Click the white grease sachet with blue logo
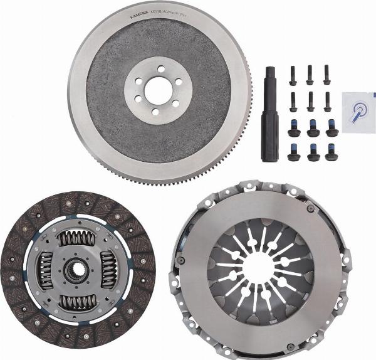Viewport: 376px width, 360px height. point(358,112)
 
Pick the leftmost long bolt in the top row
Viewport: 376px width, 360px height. point(293,75)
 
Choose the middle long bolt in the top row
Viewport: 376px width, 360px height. point(310,75)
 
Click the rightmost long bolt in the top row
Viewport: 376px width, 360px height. point(327,75)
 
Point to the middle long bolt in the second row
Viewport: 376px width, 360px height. point(310,100)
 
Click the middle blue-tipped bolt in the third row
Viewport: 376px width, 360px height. point(312,127)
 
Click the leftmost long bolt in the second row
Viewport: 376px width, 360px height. point(293,100)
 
